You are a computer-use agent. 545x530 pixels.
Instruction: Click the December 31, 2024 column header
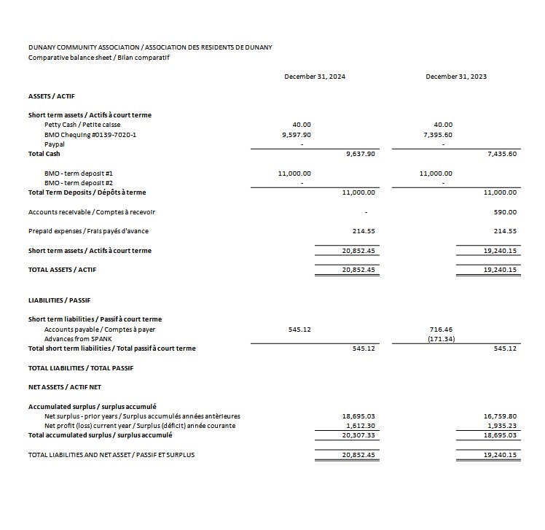315,77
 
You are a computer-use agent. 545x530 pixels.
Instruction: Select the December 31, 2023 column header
456,77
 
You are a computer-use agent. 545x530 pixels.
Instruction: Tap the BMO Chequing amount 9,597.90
296,135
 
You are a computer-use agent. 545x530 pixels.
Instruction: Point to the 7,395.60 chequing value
438,135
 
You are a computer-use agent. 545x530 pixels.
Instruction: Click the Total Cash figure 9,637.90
360,154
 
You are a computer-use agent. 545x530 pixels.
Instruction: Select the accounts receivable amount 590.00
505,212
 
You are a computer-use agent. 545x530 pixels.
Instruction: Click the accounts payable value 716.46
442,330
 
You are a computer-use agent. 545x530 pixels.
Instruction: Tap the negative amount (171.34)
442,339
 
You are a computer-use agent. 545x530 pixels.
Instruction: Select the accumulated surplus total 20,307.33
358,435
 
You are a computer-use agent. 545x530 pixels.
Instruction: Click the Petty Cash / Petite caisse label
82,125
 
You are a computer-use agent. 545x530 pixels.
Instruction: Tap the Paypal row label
55,144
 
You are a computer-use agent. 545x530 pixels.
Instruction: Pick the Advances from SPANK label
79,339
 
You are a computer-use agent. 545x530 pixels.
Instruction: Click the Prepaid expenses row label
88,231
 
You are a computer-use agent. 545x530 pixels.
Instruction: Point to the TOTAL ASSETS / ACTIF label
62,270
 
